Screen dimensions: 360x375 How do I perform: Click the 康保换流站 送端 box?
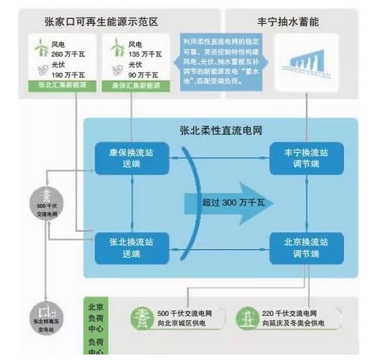click(x=132, y=158)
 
